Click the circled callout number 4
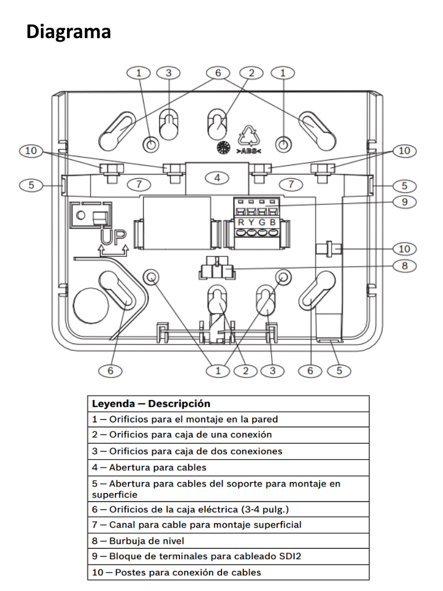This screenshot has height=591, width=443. click(x=217, y=178)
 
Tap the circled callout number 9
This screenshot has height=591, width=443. click(x=404, y=202)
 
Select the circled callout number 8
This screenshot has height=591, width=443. click(x=404, y=266)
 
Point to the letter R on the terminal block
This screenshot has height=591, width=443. click(x=241, y=222)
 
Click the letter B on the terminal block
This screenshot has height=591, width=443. click(x=272, y=222)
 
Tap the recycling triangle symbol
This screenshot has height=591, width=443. click(x=250, y=136)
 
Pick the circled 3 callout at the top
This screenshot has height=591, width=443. click(x=168, y=73)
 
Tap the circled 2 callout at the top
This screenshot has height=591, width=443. click(x=251, y=73)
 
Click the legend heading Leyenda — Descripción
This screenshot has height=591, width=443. click(x=151, y=403)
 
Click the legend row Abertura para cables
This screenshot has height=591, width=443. click(x=149, y=467)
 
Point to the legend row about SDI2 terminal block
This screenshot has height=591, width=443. click(x=196, y=556)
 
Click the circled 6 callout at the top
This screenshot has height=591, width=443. click(x=218, y=73)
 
